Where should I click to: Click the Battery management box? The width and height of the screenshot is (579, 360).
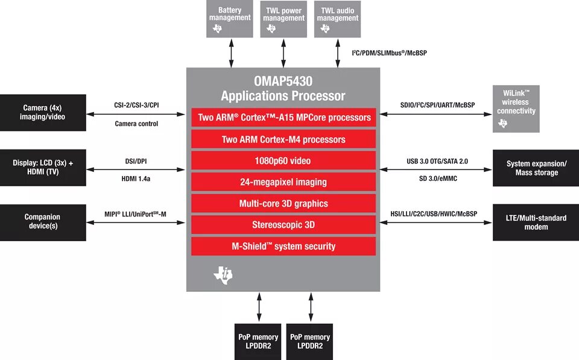click(x=230, y=18)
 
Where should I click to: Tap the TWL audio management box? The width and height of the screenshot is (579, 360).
click(x=337, y=18)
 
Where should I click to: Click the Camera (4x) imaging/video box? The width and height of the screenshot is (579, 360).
click(x=43, y=112)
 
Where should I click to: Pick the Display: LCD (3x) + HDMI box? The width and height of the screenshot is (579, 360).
click(x=43, y=168)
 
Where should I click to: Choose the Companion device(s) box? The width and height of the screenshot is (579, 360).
click(x=43, y=221)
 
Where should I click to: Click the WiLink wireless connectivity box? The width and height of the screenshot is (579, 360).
click(x=516, y=109)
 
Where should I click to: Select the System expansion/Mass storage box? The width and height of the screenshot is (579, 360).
click(x=536, y=168)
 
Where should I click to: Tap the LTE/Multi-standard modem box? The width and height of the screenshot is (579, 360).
click(x=536, y=223)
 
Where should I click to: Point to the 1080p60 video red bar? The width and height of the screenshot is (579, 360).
click(x=283, y=161)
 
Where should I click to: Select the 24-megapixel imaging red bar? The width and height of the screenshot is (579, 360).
click(x=283, y=182)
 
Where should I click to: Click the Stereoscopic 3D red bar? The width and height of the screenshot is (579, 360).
click(x=283, y=225)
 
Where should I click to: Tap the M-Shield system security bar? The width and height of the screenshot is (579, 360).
click(x=283, y=246)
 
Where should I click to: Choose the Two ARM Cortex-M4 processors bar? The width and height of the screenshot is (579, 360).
click(x=283, y=139)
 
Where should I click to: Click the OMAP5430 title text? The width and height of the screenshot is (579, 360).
click(x=283, y=81)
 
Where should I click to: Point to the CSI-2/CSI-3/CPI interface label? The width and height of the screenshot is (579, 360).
click(x=136, y=105)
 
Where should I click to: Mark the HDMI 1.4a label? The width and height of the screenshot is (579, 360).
click(x=136, y=178)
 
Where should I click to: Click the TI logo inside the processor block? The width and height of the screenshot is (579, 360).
click(x=223, y=275)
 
